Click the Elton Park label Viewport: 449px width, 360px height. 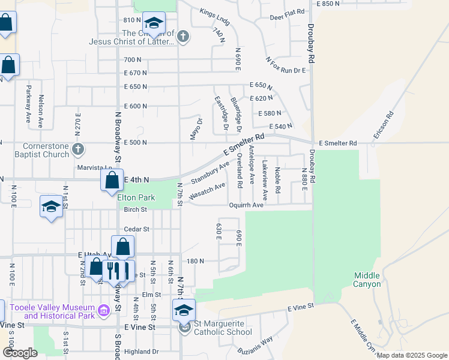pos(136,197)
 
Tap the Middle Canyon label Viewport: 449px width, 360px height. pos(366,280)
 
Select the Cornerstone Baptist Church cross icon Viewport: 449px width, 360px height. pos(77,149)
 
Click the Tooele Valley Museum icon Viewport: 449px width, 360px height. pos(104,311)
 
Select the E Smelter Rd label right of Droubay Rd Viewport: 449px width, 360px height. pos(338,143)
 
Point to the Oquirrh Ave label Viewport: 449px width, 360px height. pos(246,205)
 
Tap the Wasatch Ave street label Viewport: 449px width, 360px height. pos(206,191)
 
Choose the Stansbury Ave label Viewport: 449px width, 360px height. pos(210,173)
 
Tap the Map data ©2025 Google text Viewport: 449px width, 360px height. pos(411,355)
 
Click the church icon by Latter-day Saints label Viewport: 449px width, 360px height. pos(184,37)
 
